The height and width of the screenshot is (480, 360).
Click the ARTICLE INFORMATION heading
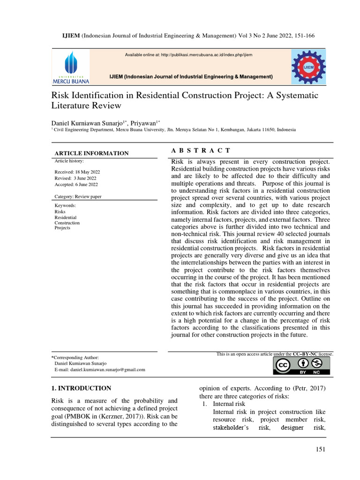pos(91,153)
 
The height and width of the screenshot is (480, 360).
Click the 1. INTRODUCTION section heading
pos(81,388)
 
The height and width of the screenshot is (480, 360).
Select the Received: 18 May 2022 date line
pos(77,172)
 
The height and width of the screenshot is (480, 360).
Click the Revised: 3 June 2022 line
pos(75,178)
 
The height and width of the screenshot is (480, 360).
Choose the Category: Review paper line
pos(78,196)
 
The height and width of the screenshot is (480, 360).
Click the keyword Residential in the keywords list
pos(66,217)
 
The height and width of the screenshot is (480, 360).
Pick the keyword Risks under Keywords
pos(60,211)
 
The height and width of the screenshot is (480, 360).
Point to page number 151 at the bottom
pos(320,450)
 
